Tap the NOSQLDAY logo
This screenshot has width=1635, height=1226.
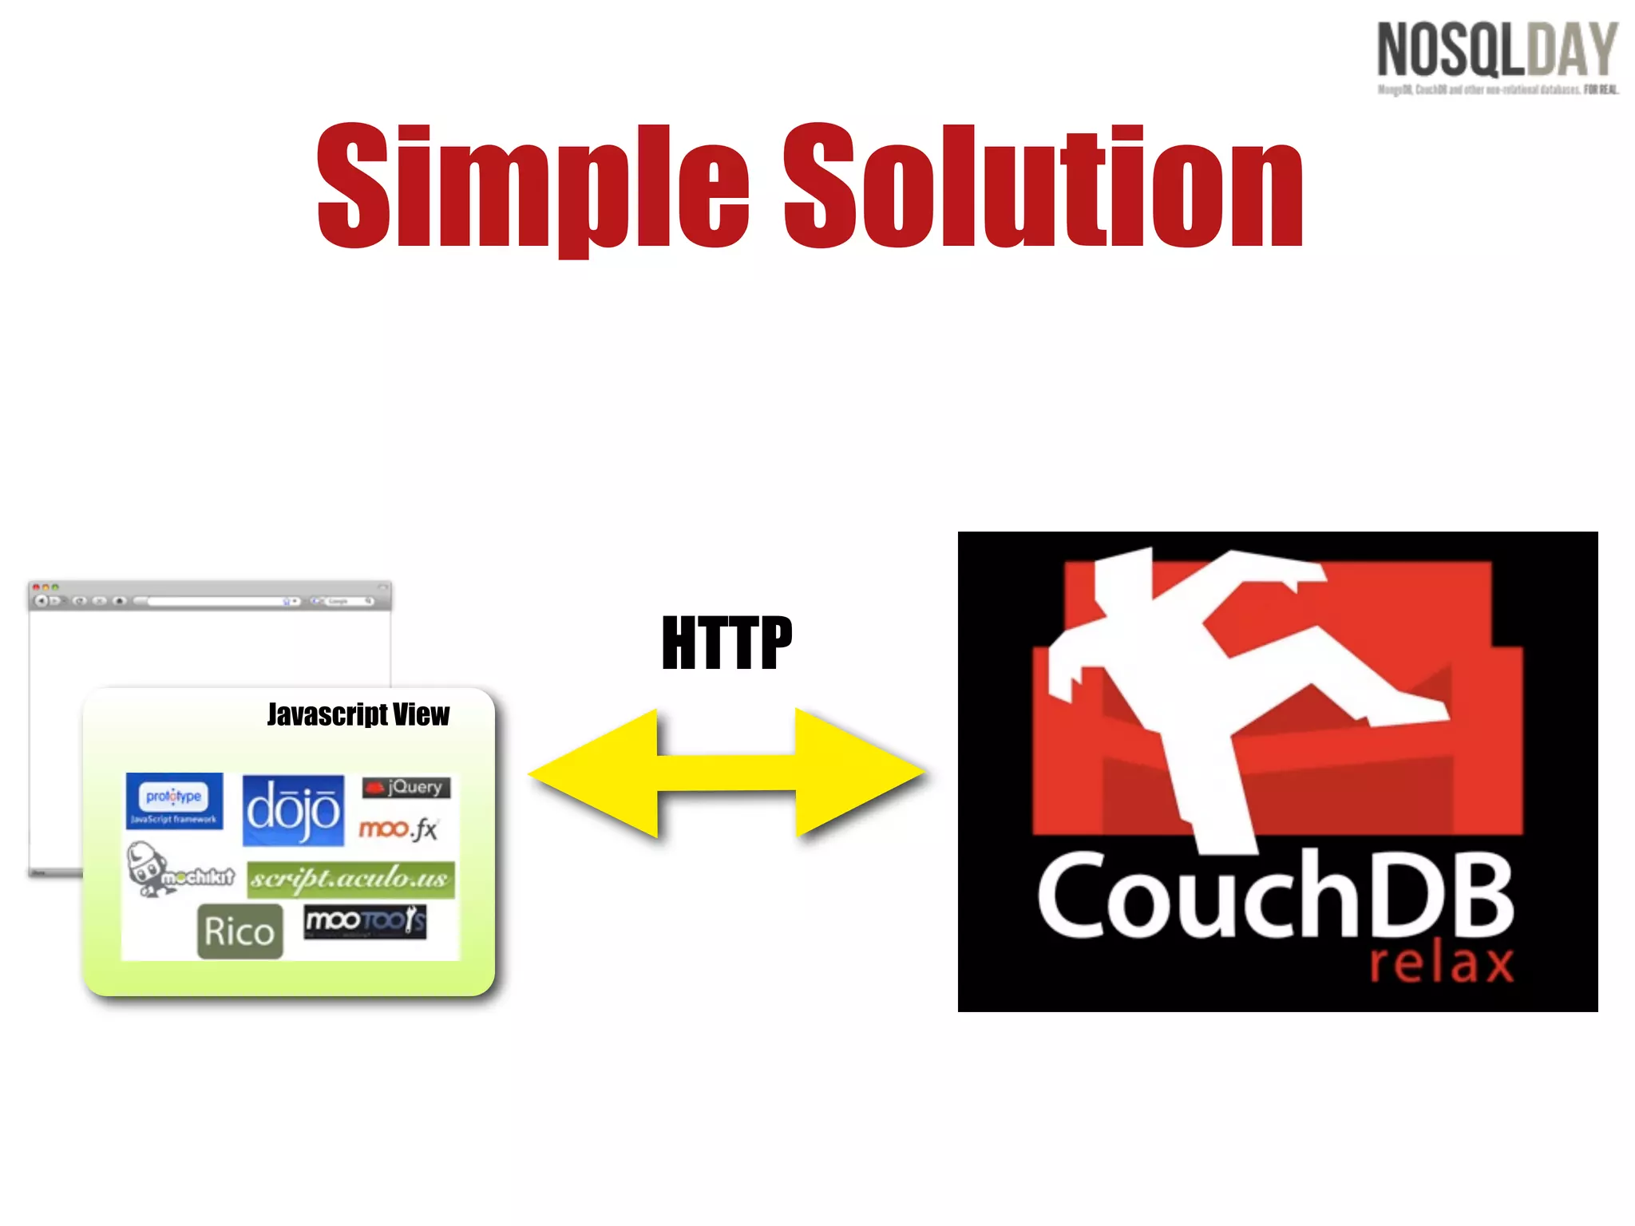pos(1497,50)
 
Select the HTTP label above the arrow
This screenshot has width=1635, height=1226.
pos(726,643)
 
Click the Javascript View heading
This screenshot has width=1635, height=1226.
pos(358,714)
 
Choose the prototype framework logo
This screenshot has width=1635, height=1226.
pos(174,801)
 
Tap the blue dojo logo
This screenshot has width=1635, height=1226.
pos(293,810)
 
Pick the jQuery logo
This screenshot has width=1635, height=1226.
pos(406,788)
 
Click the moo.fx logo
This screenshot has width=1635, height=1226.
pos(398,829)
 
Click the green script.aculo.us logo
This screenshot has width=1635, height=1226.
pos(350,880)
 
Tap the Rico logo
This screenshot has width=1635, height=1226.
pos(240,931)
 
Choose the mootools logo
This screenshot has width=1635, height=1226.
pos(366,922)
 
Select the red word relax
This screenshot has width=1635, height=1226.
pos(1441,964)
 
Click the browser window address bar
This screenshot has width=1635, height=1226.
pos(216,601)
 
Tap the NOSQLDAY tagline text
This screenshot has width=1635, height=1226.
pos(1497,89)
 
